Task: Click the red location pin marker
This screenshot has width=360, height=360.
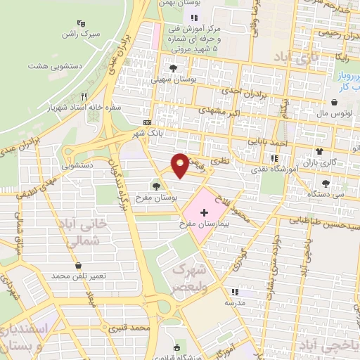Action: pyautogui.click(x=181, y=164)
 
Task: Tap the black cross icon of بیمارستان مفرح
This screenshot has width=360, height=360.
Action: pyautogui.click(x=204, y=212)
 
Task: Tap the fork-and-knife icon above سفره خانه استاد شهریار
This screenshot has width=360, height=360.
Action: pyautogui.click(x=84, y=97)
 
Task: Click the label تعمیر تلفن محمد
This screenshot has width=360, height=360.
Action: pyautogui.click(x=78, y=276)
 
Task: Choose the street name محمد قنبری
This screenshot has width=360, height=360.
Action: pyautogui.click(x=131, y=328)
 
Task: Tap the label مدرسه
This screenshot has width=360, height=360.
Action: pyautogui.click(x=235, y=301)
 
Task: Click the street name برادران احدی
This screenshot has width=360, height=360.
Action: pyautogui.click(x=229, y=91)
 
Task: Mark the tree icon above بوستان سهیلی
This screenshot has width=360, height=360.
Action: pyautogui.click(x=173, y=68)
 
